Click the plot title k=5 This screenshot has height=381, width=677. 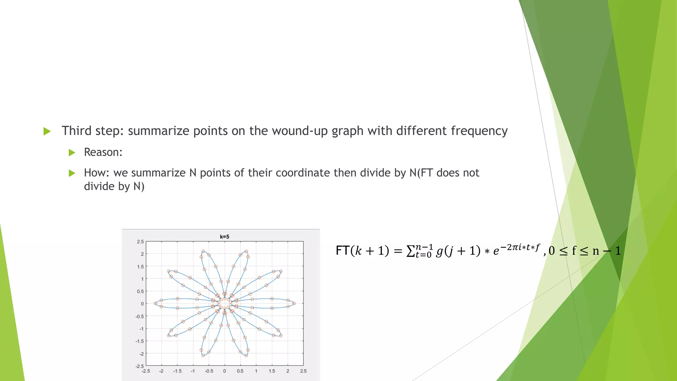224,237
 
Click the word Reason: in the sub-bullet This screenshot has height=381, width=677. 103,152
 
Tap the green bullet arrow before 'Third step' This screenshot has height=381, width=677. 47,131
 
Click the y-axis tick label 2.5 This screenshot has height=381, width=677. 140,242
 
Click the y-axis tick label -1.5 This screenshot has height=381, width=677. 140,341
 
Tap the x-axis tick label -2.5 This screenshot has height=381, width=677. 146,371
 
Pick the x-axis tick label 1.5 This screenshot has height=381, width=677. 272,371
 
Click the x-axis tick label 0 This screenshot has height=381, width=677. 224,371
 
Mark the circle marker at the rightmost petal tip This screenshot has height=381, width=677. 294,303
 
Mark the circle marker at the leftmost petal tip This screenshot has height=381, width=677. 155,303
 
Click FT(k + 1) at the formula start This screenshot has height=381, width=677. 362,251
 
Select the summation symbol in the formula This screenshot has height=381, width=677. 410,251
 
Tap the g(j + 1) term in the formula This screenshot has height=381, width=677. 458,251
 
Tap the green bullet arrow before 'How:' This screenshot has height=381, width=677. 72,173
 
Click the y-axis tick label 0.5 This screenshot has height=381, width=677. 140,291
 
